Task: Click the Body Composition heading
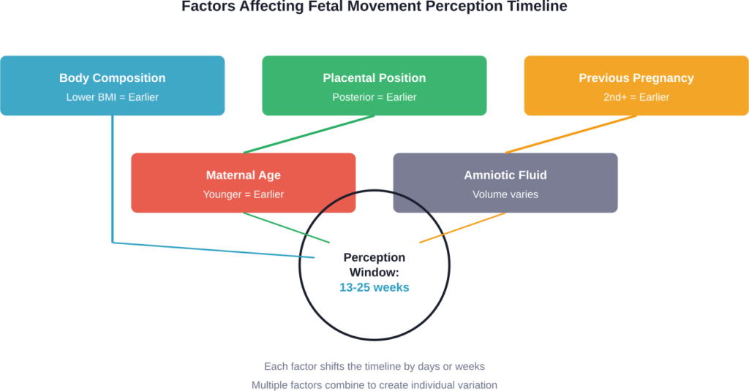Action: (112, 78)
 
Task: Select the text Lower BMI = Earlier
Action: (112, 96)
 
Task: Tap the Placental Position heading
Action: (374, 78)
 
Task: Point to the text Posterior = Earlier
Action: (374, 96)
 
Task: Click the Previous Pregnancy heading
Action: (636, 78)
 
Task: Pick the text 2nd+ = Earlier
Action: (636, 96)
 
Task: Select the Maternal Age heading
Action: (243, 175)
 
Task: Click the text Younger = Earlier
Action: (243, 194)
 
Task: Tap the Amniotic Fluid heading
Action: (505, 175)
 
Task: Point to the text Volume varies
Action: (505, 194)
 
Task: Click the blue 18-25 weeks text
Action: (374, 287)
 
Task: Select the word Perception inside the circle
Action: (374, 257)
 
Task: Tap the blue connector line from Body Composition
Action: (113, 183)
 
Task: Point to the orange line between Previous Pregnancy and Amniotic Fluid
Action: (571, 134)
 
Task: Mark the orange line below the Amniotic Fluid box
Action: (462, 227)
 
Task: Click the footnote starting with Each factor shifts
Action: (374, 365)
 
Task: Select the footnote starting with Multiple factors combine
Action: (374, 384)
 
